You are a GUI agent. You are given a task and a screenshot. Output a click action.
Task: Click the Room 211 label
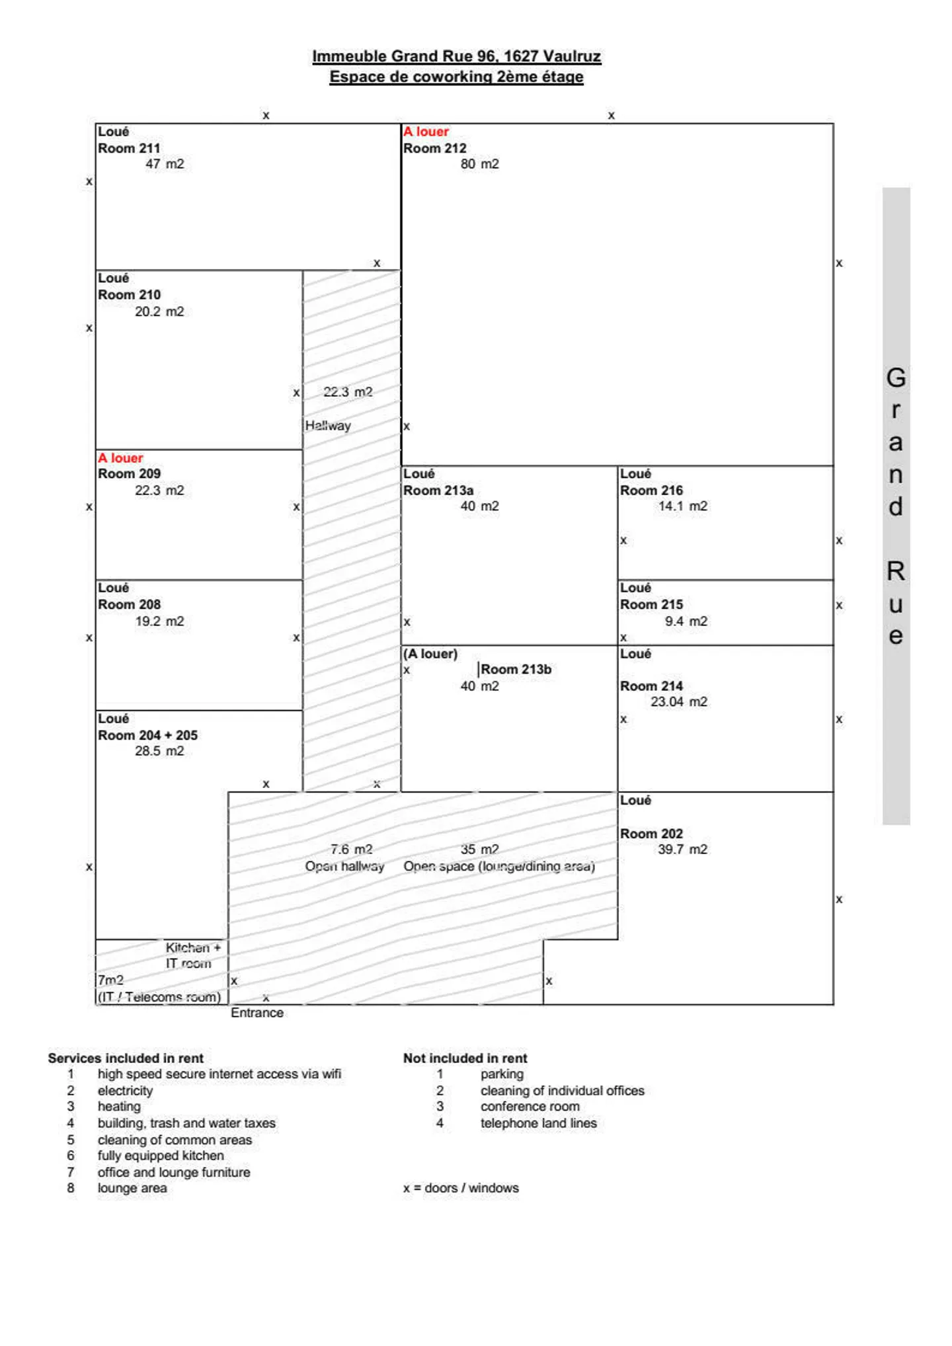[x=129, y=148]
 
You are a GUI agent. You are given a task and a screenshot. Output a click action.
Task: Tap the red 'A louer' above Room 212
[x=426, y=132]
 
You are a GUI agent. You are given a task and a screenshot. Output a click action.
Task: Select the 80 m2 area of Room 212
[x=479, y=164]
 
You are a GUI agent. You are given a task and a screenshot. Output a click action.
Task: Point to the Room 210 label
[x=129, y=295]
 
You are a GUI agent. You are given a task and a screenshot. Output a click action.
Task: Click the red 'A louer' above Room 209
[x=120, y=457]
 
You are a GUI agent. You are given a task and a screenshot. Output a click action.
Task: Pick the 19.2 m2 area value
[x=159, y=621]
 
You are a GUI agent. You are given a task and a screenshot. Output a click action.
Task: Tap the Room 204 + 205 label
[x=147, y=735]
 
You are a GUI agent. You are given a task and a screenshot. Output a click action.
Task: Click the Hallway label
[x=328, y=426]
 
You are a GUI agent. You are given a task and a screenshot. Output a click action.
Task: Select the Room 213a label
[x=438, y=491]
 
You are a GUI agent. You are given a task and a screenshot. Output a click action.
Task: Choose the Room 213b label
[x=516, y=669]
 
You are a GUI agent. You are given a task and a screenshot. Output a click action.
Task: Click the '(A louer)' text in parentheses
[x=430, y=654]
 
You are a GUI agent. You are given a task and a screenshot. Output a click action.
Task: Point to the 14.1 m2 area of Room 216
[x=682, y=506]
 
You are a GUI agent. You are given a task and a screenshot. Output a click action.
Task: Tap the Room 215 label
[x=651, y=604]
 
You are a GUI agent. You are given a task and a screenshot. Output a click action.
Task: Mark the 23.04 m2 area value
[x=678, y=702]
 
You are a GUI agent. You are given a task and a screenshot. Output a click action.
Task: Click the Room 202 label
[x=651, y=834]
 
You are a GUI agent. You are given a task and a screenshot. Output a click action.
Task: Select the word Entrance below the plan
[x=257, y=1013]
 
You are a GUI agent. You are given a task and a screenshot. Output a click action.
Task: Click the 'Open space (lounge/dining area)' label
[x=499, y=866]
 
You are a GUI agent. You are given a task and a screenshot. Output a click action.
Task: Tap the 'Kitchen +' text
[x=193, y=947]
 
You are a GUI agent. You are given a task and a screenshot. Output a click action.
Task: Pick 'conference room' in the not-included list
[x=530, y=1107]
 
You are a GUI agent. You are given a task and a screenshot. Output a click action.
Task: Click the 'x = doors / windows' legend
[x=461, y=1188]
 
